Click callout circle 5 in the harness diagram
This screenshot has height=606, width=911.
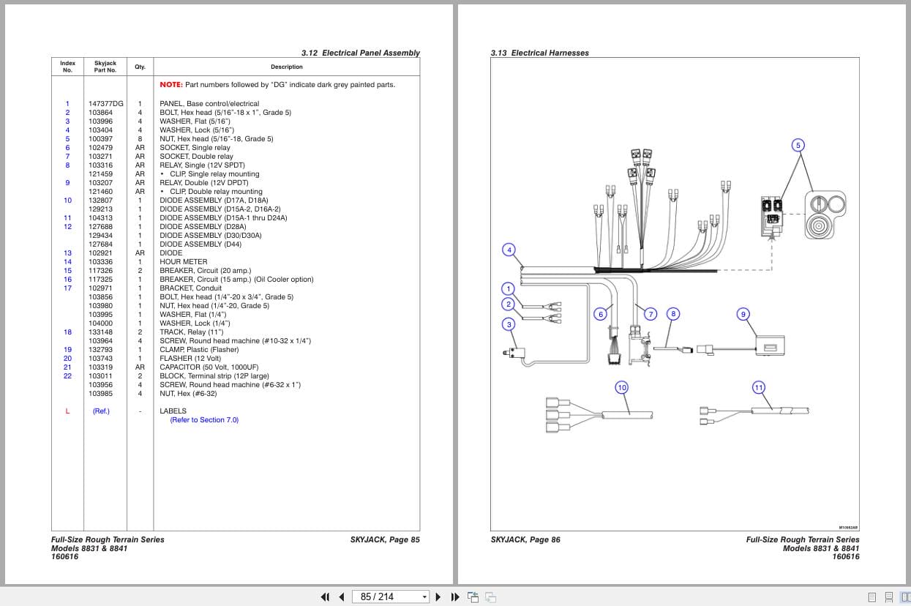point(798,145)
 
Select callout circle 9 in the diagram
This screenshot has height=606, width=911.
point(743,314)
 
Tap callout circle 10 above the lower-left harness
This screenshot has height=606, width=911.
point(621,387)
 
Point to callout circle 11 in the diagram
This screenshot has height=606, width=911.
point(758,387)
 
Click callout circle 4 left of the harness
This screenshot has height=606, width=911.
point(509,250)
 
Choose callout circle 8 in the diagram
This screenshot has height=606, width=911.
point(673,314)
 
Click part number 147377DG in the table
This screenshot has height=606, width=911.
point(105,104)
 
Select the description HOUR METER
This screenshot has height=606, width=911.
point(183,262)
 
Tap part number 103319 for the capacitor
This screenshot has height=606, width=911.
point(101,367)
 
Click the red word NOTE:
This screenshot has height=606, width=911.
point(171,85)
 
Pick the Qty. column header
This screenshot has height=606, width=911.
point(140,67)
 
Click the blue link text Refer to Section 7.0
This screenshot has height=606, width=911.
point(204,420)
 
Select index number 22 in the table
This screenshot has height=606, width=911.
point(67,376)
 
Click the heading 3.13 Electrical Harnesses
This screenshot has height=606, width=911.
point(539,53)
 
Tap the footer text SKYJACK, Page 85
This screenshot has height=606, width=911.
point(385,540)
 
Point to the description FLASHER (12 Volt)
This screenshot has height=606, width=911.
point(190,359)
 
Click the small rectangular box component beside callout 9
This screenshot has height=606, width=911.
point(770,346)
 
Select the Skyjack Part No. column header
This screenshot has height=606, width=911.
point(105,67)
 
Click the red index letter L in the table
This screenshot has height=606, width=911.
point(67,411)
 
